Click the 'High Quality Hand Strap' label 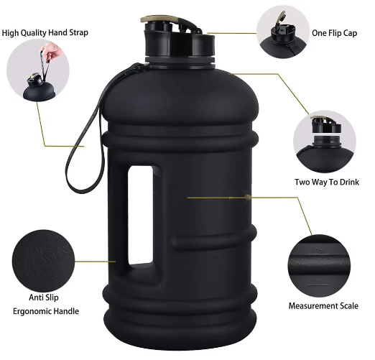[45, 33]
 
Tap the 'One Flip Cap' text [334, 33]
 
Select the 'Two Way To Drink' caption [327, 182]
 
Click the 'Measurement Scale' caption [323, 306]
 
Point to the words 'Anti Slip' [44, 297]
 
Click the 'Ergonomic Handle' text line [46, 311]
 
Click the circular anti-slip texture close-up [43, 261]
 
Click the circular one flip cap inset [283, 32]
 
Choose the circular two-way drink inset [325, 142]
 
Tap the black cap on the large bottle [180, 43]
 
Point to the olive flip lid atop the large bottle [163, 19]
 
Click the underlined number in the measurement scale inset [318, 282]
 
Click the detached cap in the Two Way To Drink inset [326, 125]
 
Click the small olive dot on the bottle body [248, 198]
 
